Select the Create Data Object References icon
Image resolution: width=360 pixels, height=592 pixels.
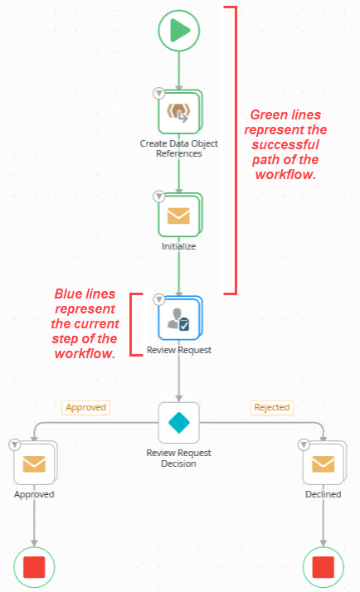click(179, 113)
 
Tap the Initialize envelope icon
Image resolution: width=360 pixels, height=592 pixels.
click(179, 216)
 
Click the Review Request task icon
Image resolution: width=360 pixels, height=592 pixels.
click(179, 318)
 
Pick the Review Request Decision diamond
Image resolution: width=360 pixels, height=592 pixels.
click(179, 423)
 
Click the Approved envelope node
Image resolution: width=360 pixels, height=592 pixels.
click(34, 463)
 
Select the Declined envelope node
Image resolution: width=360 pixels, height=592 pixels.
click(323, 463)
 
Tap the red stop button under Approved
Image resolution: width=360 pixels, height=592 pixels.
click(34, 567)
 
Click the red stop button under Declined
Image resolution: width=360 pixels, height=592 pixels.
click(323, 567)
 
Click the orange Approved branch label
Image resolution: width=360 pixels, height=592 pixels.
click(86, 407)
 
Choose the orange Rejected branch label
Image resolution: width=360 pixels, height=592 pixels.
click(271, 407)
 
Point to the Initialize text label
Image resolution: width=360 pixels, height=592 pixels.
click(179, 246)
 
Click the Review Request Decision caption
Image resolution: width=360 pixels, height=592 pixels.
click(179, 459)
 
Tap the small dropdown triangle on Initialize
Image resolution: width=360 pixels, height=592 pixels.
click(158, 197)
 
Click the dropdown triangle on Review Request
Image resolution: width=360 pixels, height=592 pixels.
click(158, 298)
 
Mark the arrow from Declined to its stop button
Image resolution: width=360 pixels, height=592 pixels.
click(323, 522)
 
